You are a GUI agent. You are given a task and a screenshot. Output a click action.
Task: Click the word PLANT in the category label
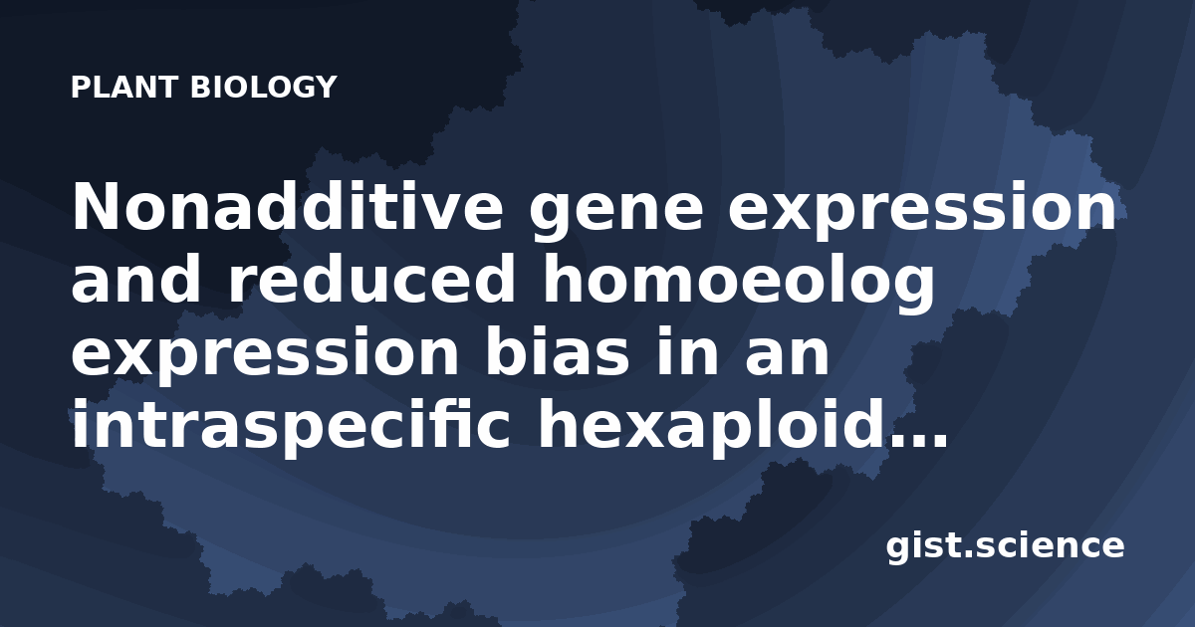[123, 87]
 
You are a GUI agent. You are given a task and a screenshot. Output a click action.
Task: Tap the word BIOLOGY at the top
[264, 87]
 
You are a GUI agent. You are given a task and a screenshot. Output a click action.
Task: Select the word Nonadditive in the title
[287, 207]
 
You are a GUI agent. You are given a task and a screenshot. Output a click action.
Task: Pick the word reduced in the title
[371, 280]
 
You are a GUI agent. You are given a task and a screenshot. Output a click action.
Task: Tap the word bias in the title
[558, 351]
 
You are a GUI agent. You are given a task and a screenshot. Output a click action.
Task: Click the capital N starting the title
[96, 207]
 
